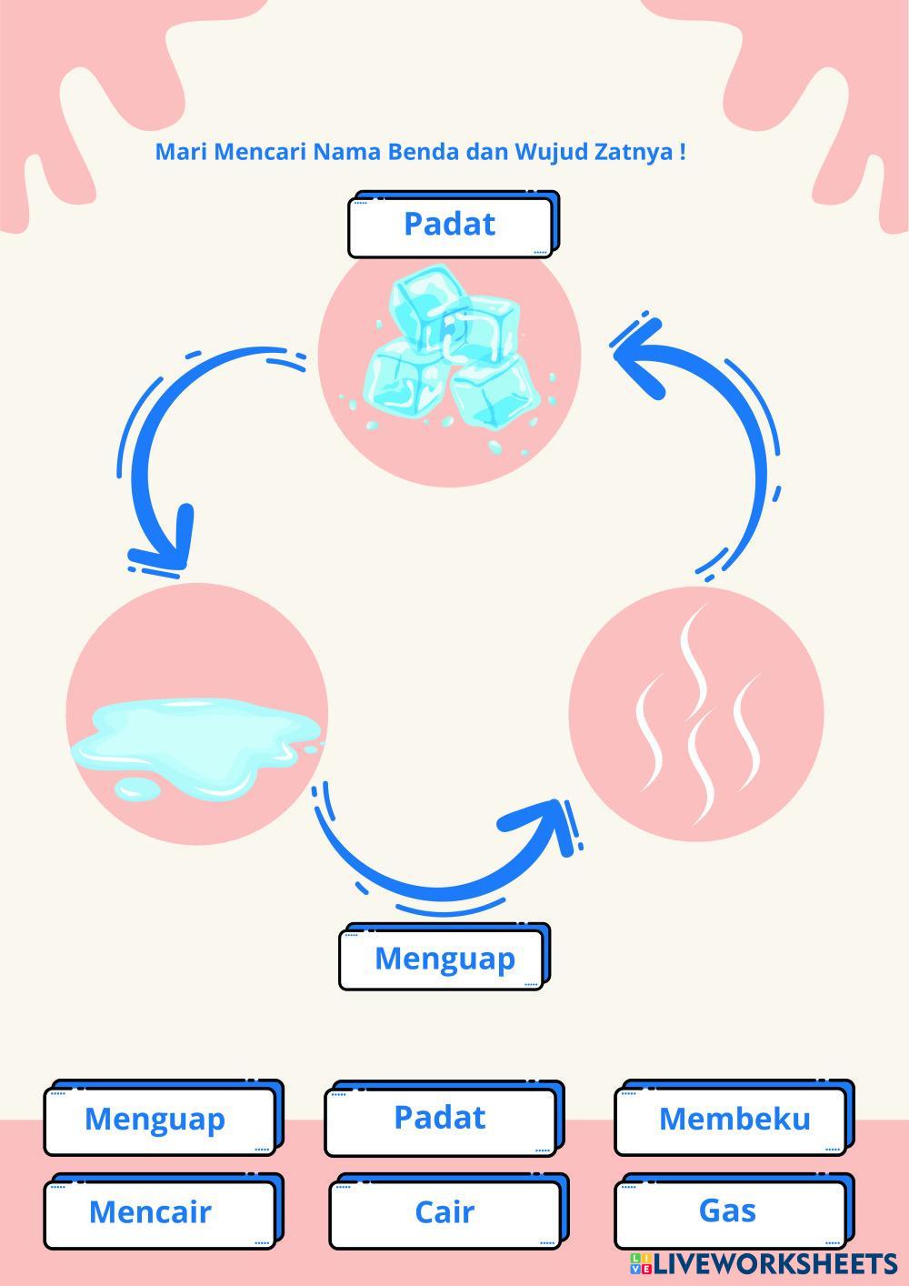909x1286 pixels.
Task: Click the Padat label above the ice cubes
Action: tap(450, 225)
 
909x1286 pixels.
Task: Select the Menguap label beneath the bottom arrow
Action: tap(445, 959)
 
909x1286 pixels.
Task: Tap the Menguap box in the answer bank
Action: tap(155, 1120)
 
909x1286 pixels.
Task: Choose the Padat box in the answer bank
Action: tap(440, 1118)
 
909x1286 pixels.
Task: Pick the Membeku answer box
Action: tap(734, 1120)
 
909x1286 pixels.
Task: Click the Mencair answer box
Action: tap(151, 1212)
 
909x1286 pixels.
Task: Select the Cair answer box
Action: tap(445, 1212)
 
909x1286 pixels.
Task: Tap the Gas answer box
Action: tap(728, 1211)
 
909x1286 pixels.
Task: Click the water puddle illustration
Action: tap(195, 732)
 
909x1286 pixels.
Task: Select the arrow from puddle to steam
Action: tap(436, 864)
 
